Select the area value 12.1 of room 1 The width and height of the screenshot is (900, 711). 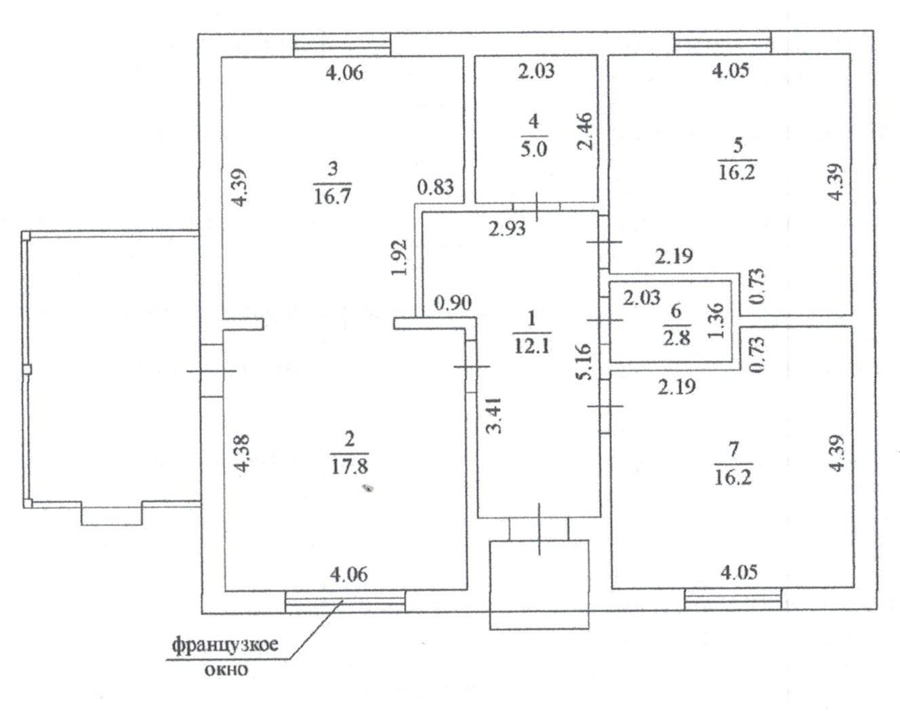point(532,346)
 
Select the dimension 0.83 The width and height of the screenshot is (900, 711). point(435,186)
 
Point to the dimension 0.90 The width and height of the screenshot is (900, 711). point(451,303)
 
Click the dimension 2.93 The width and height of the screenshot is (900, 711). point(507,228)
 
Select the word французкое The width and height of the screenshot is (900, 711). point(224,644)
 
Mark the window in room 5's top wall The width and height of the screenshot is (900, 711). point(722,43)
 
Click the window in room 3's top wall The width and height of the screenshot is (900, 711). point(342,45)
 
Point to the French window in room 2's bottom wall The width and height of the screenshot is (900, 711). point(345,601)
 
